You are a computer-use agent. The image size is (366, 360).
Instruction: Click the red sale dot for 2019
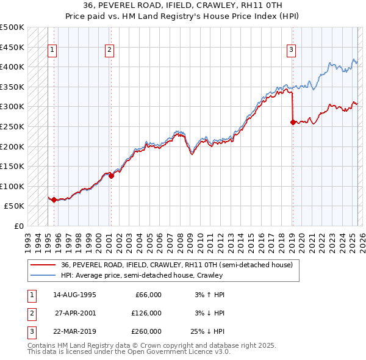pos(293,122)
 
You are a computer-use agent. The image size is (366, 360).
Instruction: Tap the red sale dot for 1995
pos(54,200)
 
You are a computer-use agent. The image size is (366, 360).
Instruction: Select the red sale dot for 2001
pos(111,176)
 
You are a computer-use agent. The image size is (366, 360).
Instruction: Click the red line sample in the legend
pos(43,265)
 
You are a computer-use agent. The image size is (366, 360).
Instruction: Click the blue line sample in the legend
pos(43,275)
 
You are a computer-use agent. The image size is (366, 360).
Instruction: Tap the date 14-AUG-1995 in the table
pos(75,295)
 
